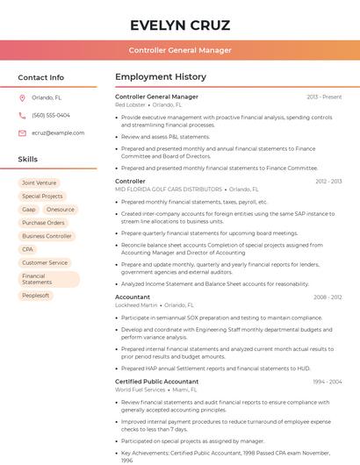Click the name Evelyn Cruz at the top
coord(180,25)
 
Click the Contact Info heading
coord(40,77)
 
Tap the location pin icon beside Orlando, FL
coord(22,97)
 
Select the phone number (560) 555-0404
coord(51,115)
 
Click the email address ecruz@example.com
coord(58,132)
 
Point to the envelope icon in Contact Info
coord(22,132)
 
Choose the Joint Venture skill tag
coord(39,182)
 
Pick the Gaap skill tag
coord(29,210)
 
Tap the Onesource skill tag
coord(61,210)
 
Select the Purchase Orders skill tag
coord(43,223)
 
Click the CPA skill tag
coord(28,249)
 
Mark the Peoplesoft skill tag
coord(36,296)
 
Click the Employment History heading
coord(161,77)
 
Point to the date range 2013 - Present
coord(324,97)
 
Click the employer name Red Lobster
coord(131,104)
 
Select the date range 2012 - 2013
coord(328,181)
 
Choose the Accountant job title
coord(133,297)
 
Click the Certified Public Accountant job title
coord(157,382)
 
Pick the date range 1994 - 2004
coord(328,382)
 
